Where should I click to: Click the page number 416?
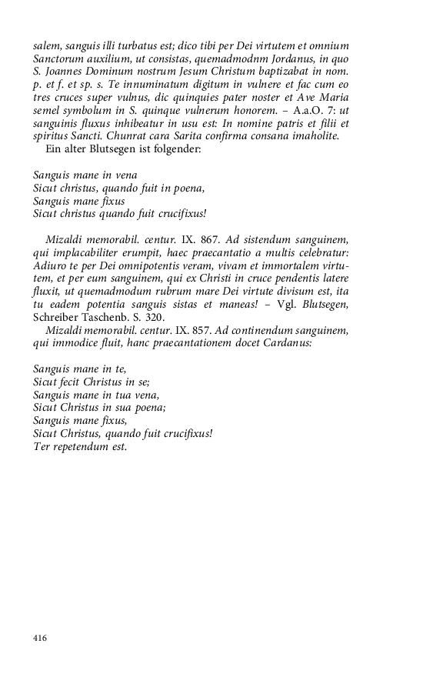pos(41,638)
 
